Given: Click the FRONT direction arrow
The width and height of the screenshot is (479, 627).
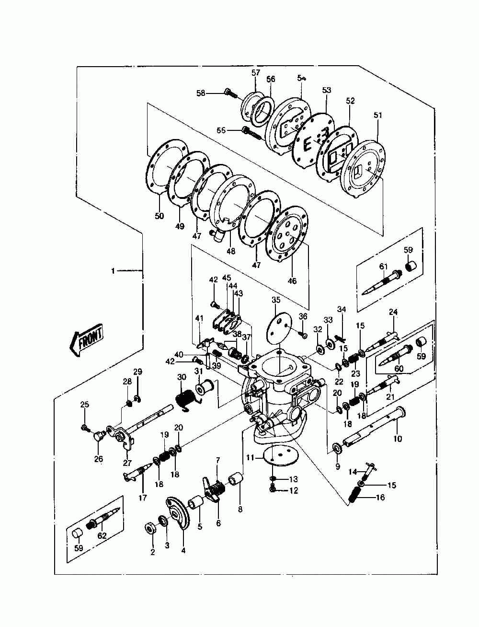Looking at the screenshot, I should (87, 341).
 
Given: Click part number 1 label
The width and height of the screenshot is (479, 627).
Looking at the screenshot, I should (113, 271).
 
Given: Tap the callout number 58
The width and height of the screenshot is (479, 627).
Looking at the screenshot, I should (200, 93).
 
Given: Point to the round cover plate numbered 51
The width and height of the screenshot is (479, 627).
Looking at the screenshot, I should (363, 165).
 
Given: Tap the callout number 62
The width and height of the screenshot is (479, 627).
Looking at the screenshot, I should (102, 536).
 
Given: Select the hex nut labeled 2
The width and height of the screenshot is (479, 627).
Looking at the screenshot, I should (150, 528).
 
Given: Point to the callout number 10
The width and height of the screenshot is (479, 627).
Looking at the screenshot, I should (398, 438).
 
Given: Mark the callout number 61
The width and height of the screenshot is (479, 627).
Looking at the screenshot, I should (384, 267).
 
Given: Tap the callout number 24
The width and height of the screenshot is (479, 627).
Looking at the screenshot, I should (393, 312).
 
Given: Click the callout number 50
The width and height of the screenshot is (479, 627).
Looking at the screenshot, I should (159, 216).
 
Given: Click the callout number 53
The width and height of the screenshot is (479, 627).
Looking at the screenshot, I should (327, 90).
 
